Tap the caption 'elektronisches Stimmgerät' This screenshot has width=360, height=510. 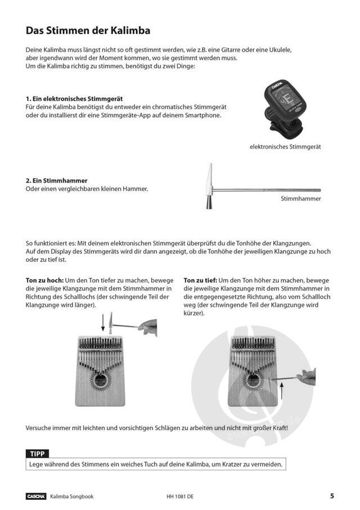coord(285,147)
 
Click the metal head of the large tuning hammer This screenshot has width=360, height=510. coord(210,186)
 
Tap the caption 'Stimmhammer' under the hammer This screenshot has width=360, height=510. coord(300,199)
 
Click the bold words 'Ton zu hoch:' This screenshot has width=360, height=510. coord(45,280)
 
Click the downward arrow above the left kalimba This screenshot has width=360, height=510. coord(103,323)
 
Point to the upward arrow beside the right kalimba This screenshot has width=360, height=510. coord(281,390)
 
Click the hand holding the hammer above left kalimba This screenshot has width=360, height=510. coord(148,326)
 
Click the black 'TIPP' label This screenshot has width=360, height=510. coord(38,454)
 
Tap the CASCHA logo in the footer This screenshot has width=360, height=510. coord(36,496)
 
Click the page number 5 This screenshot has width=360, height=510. coord(332,496)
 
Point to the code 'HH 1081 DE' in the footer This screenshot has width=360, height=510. coord(180,496)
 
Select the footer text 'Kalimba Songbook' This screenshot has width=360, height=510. coord(71,496)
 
